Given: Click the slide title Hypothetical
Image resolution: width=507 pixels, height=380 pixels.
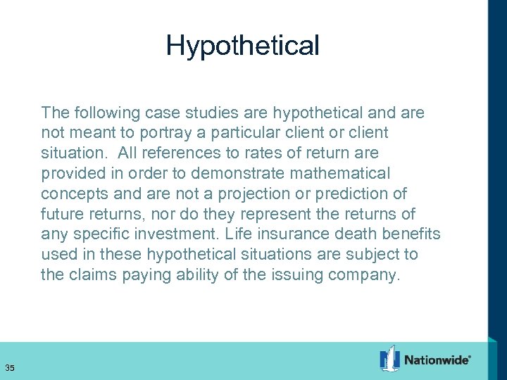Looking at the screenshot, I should coord(243,46).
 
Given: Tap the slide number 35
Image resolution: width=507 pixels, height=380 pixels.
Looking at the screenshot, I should coord(10,367).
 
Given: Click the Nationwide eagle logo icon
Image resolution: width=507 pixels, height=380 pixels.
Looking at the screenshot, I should coord(389,358).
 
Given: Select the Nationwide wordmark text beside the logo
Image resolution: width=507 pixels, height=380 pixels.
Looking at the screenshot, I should coord(437,360).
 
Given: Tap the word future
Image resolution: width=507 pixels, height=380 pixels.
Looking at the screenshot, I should coord(60,214).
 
